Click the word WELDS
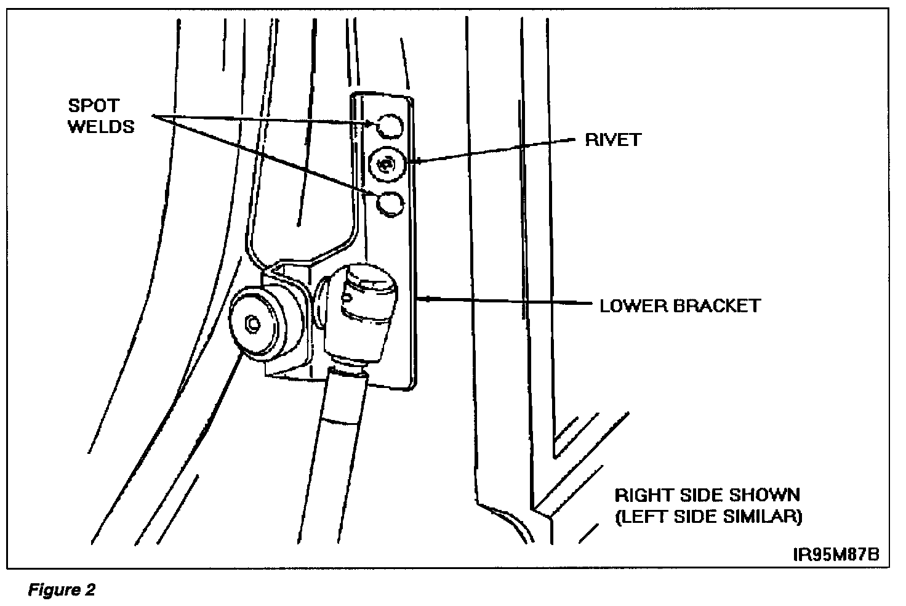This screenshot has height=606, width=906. (101, 127)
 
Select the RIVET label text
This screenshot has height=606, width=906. (613, 140)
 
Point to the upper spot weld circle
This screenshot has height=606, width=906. (389, 126)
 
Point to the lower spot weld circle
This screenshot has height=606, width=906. (389, 204)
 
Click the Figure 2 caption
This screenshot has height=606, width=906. (62, 591)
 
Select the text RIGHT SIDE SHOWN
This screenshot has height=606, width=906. (707, 495)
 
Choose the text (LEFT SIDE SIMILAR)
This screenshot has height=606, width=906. (708, 516)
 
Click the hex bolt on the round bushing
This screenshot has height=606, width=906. (251, 322)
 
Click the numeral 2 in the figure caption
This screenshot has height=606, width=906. (90, 591)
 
